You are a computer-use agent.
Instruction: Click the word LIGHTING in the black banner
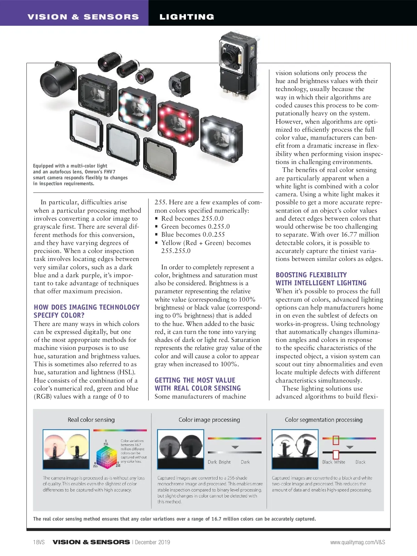tap(187, 17)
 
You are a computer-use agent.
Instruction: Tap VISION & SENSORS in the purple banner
tap(83, 17)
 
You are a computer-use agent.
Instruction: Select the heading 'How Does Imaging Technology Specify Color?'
tap(87, 311)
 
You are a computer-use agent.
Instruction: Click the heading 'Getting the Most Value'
tap(195, 380)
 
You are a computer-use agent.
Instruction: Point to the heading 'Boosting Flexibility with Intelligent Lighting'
tap(321, 279)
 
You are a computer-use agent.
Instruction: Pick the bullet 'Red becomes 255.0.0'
tap(192, 218)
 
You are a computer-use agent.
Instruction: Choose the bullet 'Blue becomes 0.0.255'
tap(193, 235)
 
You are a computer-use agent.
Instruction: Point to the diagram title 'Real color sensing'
tap(91, 420)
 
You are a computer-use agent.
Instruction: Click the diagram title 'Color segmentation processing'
tap(324, 420)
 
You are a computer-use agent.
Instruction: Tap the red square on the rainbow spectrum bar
tap(336, 440)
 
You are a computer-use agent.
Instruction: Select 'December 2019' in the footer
tap(153, 542)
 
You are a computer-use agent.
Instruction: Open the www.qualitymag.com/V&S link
tap(358, 542)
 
